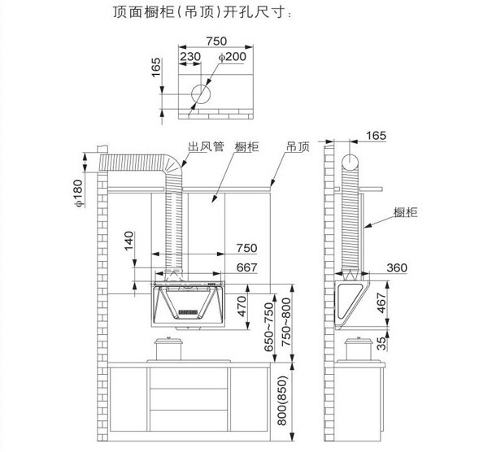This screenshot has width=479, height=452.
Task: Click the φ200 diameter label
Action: tap(233, 57)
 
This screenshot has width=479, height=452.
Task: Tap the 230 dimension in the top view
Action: tap(190, 57)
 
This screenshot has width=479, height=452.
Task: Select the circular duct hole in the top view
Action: tap(201, 93)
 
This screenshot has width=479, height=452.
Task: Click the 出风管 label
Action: tap(206, 146)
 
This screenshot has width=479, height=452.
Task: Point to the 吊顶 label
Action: tap(298, 146)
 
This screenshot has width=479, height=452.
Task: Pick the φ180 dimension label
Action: tap(78, 193)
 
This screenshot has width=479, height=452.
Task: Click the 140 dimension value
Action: tap(129, 241)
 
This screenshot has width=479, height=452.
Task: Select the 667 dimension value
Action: tap(247, 267)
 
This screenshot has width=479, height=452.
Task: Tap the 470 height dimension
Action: tap(242, 306)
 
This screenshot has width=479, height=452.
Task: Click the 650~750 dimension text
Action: tap(268, 327)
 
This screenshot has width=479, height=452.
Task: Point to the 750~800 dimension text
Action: tap(286, 323)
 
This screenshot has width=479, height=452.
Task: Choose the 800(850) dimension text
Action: tap(282, 401)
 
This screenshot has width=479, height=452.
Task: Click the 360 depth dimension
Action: tap(397, 267)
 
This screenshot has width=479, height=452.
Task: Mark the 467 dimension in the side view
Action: tap(382, 302)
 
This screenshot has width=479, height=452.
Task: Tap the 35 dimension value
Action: tap(381, 343)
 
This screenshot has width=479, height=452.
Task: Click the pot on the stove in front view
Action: tap(168, 349)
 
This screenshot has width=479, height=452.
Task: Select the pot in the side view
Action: tap(359, 349)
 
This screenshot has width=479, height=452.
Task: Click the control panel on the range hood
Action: tap(188, 312)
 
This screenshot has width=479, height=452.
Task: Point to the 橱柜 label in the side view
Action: tap(405, 212)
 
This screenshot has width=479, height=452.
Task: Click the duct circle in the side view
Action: tap(350, 163)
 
